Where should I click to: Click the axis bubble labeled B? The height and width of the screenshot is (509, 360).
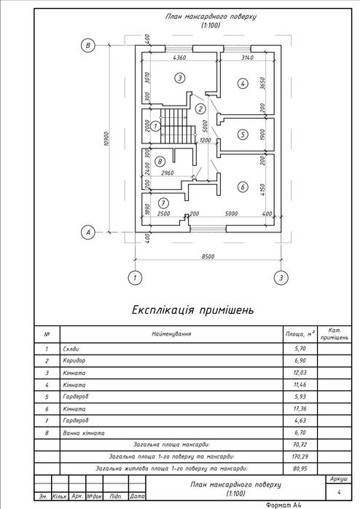[87, 45]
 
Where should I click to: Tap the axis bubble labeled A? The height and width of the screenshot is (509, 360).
[87, 232]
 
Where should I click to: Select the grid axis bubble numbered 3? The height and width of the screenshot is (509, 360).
[281, 277]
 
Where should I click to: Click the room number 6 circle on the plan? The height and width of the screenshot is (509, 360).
[243, 186]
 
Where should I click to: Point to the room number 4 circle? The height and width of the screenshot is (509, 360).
[243, 84]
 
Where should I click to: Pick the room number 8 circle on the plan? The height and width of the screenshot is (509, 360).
[160, 162]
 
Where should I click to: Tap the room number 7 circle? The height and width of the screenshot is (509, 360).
[163, 204]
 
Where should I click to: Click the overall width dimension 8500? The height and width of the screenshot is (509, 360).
[208, 256]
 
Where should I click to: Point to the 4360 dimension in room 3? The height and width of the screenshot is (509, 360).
[179, 58]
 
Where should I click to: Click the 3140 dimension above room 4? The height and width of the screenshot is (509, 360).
[247, 58]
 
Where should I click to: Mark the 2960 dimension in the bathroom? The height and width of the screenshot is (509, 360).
[168, 173]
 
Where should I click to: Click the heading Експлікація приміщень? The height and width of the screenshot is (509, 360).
[192, 310]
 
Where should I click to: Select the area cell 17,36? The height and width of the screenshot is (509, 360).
[300, 409]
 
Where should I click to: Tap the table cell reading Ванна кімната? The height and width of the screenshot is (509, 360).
[84, 433]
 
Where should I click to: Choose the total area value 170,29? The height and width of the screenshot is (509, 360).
[300, 457]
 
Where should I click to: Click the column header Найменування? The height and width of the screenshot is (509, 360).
[171, 334]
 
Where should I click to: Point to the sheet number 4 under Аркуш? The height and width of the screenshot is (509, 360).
[339, 492]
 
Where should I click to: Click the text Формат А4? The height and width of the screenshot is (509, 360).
[283, 505]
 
